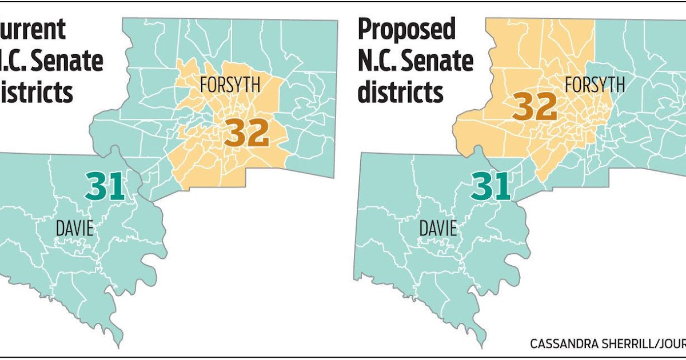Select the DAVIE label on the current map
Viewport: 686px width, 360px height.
[x=74, y=229]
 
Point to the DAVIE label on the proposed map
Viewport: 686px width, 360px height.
[x=438, y=229]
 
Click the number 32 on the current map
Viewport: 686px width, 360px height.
[x=246, y=134]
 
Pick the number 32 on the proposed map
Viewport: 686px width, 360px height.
[x=535, y=107]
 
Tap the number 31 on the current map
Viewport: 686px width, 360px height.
[x=105, y=186]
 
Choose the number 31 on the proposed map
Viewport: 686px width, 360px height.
[x=490, y=186]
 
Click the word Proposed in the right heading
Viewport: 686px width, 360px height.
[x=406, y=30]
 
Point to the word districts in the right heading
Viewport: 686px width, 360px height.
[x=401, y=91]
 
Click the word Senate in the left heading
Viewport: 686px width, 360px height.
[x=71, y=61]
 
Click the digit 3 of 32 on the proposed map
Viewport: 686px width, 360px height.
[x=523, y=107]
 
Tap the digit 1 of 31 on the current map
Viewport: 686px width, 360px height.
[x=117, y=186]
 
